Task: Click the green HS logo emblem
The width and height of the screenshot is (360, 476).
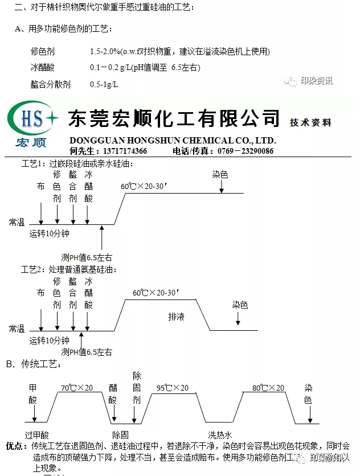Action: pos(32,119)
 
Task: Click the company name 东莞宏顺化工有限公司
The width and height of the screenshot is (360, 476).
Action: pos(174,118)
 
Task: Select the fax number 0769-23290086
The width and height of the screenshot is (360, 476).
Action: pos(245,151)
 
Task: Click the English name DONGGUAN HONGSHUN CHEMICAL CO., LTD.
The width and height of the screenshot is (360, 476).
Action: pos(173,140)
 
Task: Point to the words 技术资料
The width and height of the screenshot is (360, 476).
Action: pos(310,122)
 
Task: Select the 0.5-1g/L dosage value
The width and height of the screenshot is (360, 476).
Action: pos(104,84)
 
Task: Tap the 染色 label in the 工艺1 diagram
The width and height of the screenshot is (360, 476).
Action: pos(220,175)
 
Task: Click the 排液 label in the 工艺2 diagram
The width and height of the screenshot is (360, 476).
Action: pos(176,316)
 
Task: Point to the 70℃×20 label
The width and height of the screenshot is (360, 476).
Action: pos(76,388)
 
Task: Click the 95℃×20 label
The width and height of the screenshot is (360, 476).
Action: pos(172,388)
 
